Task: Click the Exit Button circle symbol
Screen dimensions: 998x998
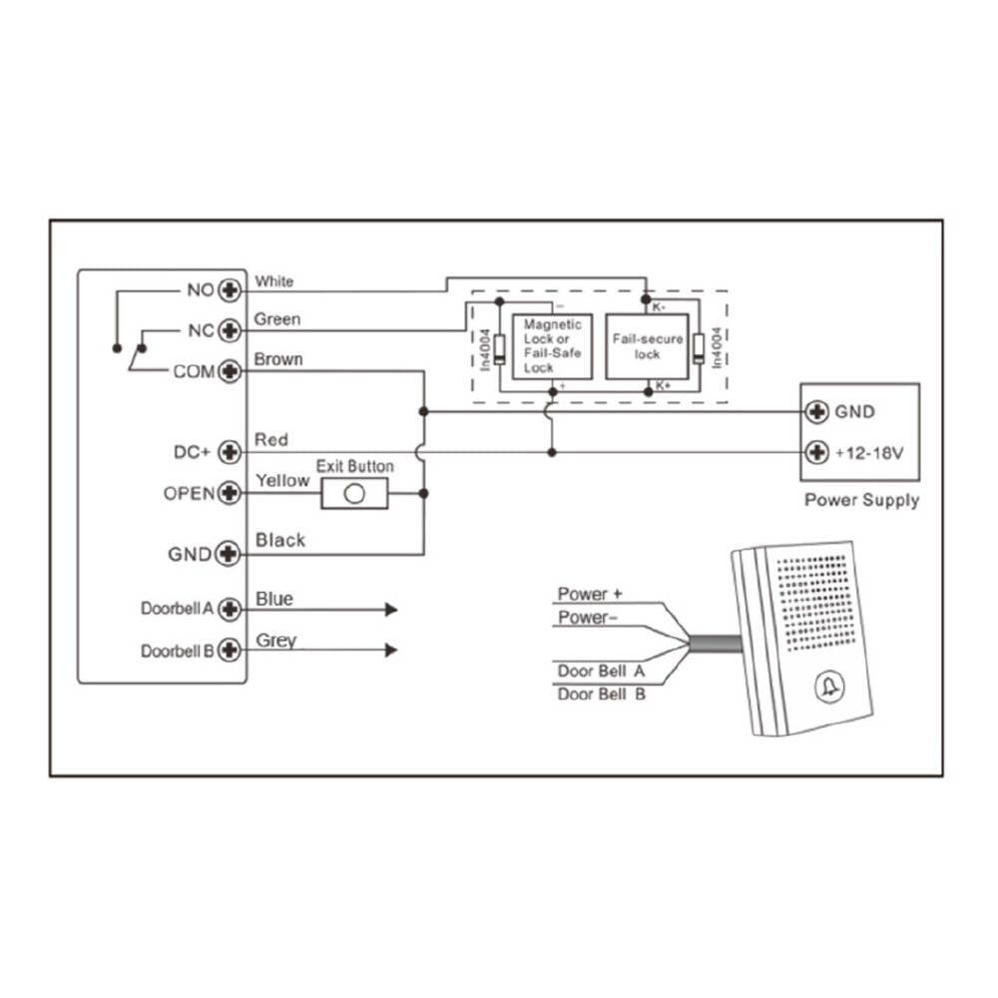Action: tap(353, 494)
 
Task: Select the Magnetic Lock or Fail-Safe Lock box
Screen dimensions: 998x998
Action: tap(552, 345)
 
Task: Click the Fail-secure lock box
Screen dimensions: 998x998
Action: tap(647, 345)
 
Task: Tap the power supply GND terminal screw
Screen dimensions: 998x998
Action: tap(817, 411)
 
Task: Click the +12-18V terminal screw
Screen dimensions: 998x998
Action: tap(817, 452)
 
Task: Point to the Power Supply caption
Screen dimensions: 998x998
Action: tap(861, 500)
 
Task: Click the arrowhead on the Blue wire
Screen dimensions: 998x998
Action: tap(391, 610)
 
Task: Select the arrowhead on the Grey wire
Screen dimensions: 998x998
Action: tap(391, 651)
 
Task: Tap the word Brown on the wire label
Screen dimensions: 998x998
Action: tap(278, 359)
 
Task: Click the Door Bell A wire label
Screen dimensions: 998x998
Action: tap(601, 671)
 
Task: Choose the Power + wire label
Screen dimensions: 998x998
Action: tap(590, 594)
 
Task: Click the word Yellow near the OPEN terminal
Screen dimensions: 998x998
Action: tap(282, 481)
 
